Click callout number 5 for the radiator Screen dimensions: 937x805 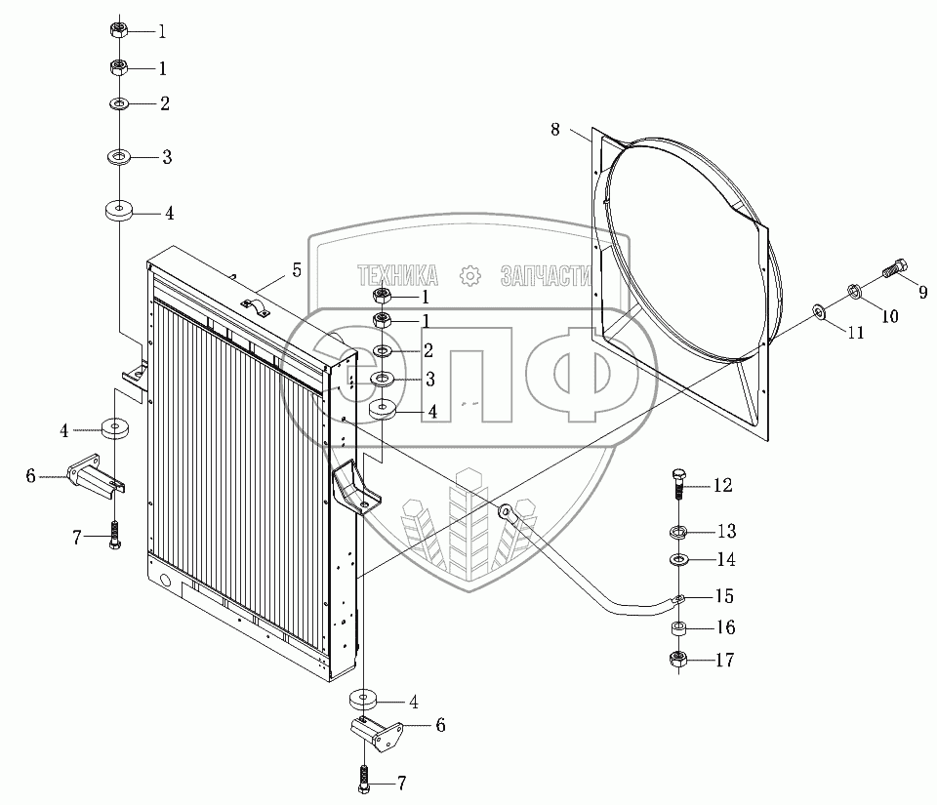[297, 270]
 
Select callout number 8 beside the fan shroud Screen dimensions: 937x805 [555, 129]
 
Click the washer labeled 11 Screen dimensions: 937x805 [818, 310]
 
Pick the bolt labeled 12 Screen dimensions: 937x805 [679, 484]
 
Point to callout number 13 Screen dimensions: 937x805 [726, 531]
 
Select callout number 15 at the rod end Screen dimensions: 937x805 [725, 596]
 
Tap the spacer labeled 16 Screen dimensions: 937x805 [678, 628]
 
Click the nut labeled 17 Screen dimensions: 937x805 [678, 660]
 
